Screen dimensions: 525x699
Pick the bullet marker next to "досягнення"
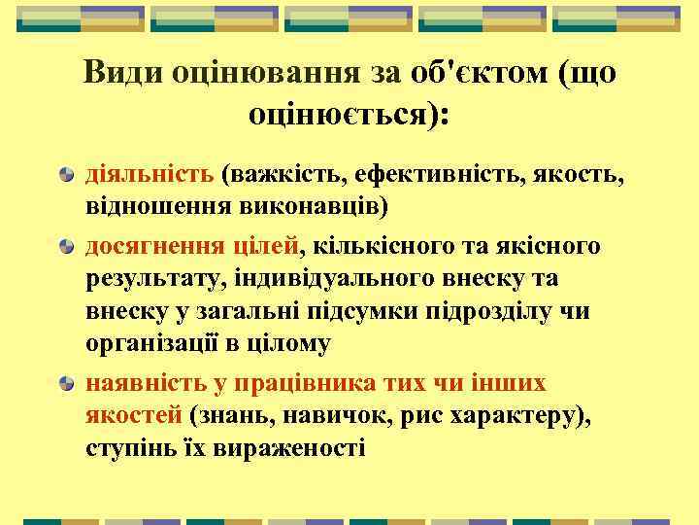(66, 246)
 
